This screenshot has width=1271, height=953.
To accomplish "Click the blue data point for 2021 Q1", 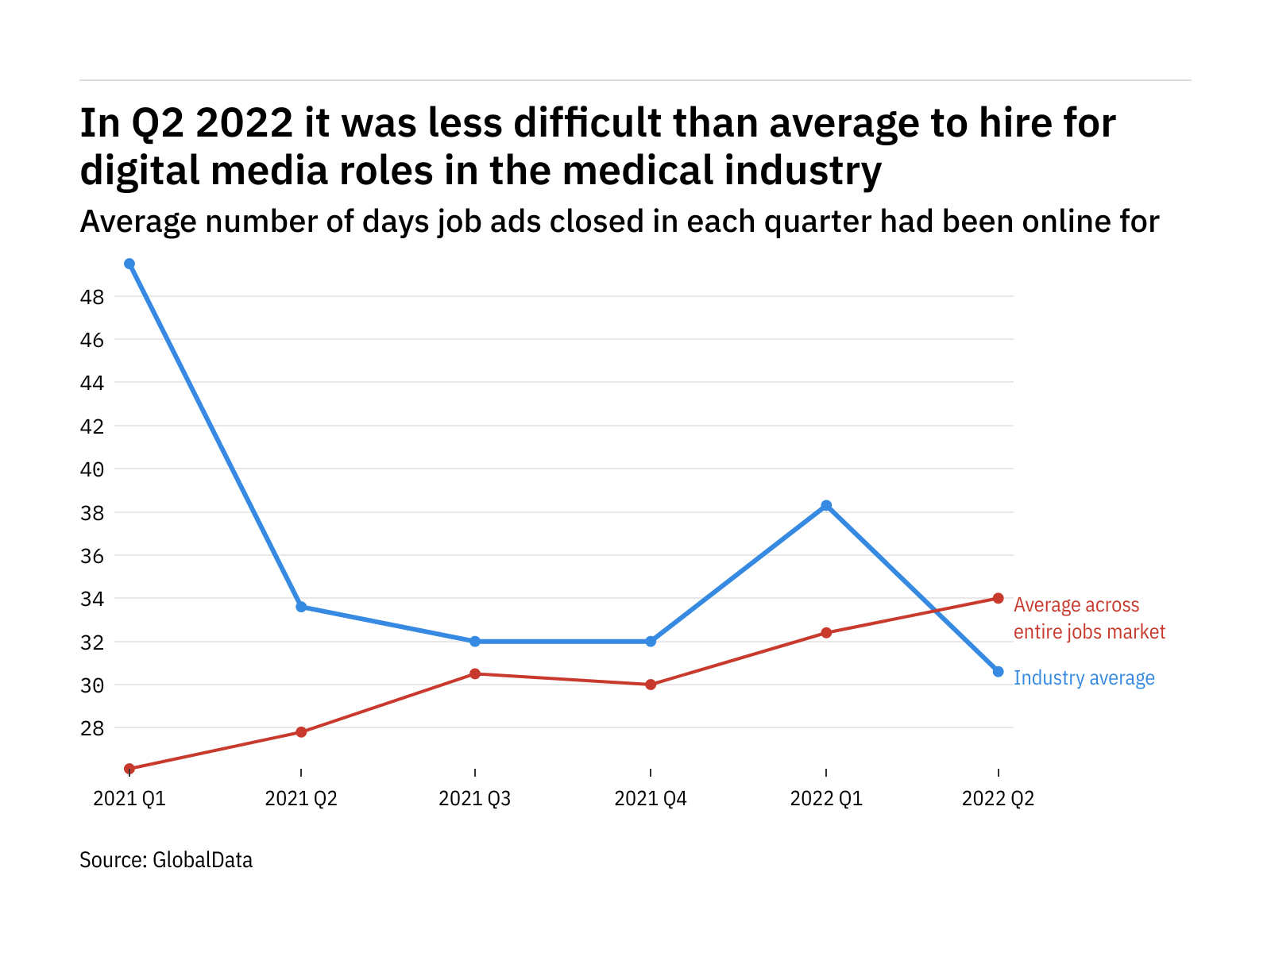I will [129, 264].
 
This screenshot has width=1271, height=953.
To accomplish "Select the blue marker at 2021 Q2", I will [301, 607].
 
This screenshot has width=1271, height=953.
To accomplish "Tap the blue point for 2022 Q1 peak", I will [826, 506].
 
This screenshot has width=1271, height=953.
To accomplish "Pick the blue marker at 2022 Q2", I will [999, 672].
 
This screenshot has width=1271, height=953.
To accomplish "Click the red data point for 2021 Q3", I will [475, 673].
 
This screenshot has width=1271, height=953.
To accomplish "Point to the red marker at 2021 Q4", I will [651, 685].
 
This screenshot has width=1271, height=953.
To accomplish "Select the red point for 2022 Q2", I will [999, 598].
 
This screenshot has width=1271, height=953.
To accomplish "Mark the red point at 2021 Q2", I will [301, 731].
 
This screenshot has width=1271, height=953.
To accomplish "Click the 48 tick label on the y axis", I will [92, 298].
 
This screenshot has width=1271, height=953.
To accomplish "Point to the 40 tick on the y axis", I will [92, 469].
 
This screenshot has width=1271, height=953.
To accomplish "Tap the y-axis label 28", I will [92, 728].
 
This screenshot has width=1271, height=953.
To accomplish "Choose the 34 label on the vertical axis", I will [92, 599].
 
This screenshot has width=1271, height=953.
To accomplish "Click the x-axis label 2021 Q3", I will [475, 798].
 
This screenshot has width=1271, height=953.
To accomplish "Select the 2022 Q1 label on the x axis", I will [826, 798].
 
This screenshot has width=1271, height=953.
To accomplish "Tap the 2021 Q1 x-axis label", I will [129, 798].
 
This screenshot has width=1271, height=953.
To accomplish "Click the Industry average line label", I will [1084, 678].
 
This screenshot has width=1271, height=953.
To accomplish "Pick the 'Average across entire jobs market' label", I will [1089, 619].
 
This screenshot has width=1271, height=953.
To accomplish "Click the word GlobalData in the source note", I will [203, 860].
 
